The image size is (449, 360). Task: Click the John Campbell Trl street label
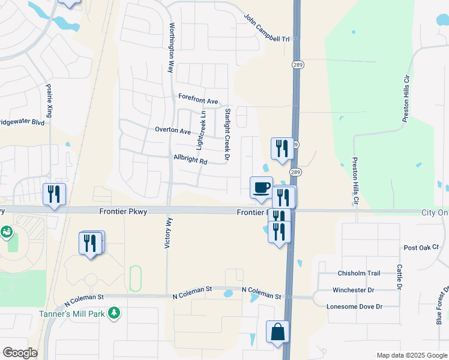(x=267, y=28)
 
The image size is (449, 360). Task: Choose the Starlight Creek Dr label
(x=227, y=134)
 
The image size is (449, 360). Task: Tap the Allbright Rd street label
(x=190, y=161)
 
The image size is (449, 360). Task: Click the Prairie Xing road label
(x=49, y=100)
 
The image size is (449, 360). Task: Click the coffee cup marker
(x=261, y=187)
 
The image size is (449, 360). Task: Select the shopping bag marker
(x=277, y=332)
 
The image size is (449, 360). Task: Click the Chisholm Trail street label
(x=359, y=273)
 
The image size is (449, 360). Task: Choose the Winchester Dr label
(x=353, y=290)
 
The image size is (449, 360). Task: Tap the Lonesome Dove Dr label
(x=354, y=307)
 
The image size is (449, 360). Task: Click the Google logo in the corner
(x=20, y=353)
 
